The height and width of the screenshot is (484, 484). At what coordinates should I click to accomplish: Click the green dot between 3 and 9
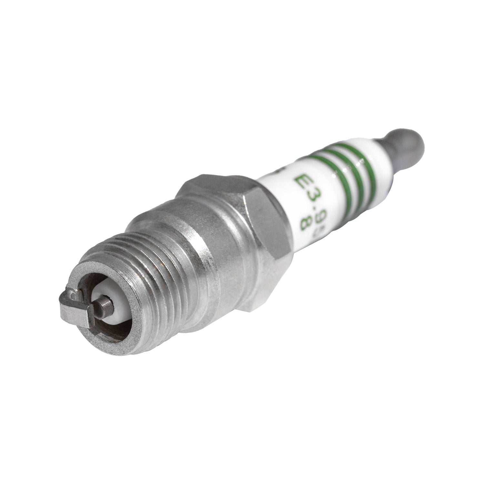tap(302, 207)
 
